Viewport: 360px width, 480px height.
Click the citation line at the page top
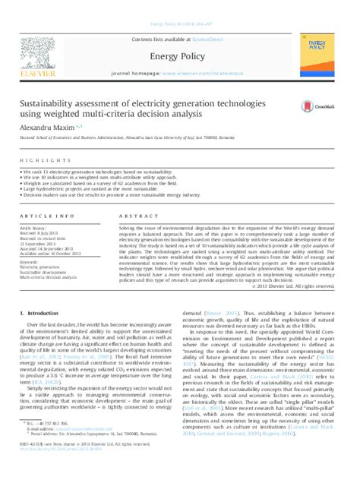(179, 24)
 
